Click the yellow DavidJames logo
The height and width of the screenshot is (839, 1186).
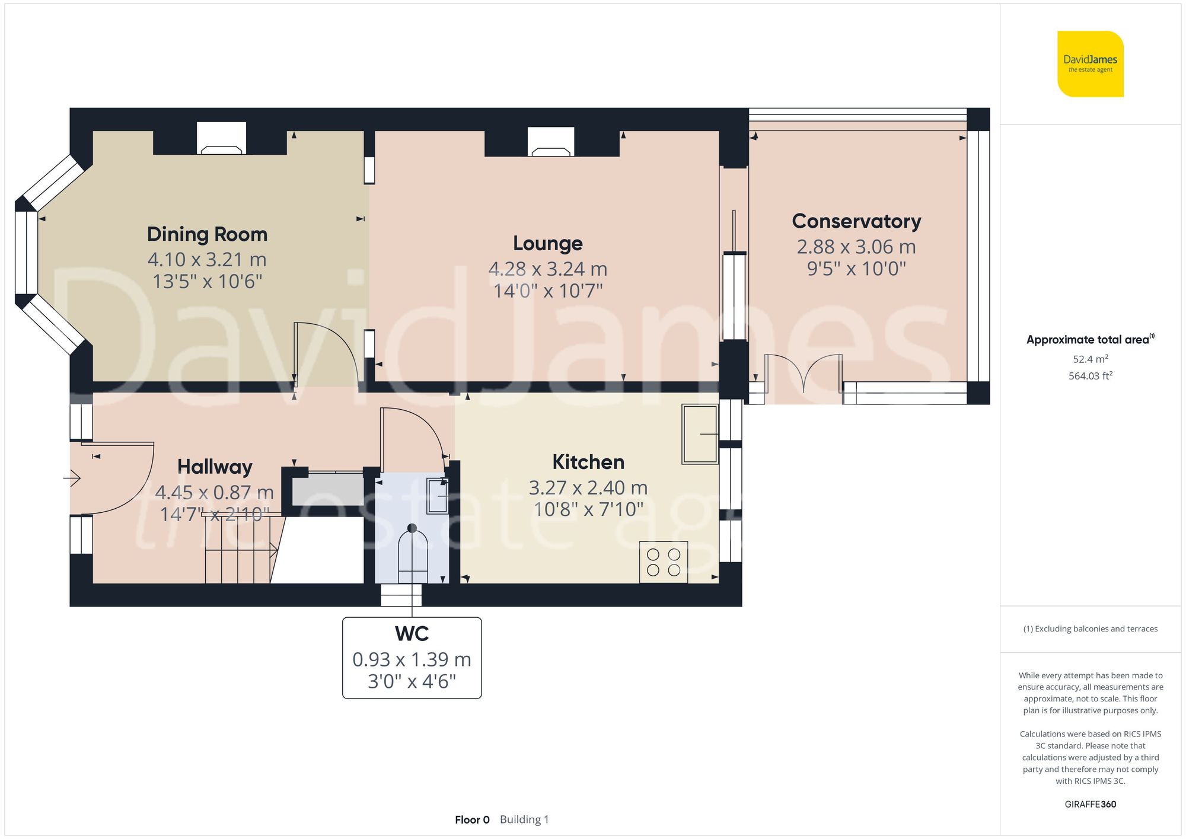pyautogui.click(x=1091, y=64)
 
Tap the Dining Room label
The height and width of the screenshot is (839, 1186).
pyautogui.click(x=207, y=234)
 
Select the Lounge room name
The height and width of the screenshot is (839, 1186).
pyautogui.click(x=548, y=243)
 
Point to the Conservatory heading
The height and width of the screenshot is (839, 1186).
pyautogui.click(x=856, y=221)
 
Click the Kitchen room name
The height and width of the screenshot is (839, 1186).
pyautogui.click(x=588, y=462)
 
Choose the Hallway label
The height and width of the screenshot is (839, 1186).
pyautogui.click(x=215, y=467)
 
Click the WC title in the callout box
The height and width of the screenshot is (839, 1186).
pyautogui.click(x=412, y=634)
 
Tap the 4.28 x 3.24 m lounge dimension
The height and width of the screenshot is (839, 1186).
pyautogui.click(x=548, y=269)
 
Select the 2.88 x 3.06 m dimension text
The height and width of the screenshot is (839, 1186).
pyautogui.click(x=856, y=247)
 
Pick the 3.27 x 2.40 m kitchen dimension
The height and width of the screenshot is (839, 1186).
pyautogui.click(x=588, y=488)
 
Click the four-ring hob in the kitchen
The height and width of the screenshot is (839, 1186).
pyautogui.click(x=664, y=562)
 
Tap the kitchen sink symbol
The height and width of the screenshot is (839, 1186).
pyautogui.click(x=700, y=433)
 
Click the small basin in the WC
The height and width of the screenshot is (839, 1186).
pyautogui.click(x=438, y=495)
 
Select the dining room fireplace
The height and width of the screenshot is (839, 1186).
pyautogui.click(x=221, y=138)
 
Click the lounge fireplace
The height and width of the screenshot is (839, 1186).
pyautogui.click(x=551, y=142)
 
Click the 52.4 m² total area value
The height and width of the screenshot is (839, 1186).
pyautogui.click(x=1091, y=359)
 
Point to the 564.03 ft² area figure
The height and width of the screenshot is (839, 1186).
pyautogui.click(x=1091, y=376)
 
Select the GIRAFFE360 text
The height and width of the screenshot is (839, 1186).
pyautogui.click(x=1091, y=805)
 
